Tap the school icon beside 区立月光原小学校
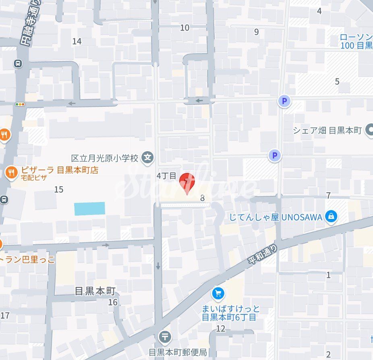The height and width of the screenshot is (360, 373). pyautogui.click(x=148, y=158)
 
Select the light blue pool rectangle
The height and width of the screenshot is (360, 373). pyautogui.click(x=89, y=208)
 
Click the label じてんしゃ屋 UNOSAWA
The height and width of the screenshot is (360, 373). pyautogui.click(x=276, y=217)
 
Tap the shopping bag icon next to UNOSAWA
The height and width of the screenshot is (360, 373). pyautogui.click(x=331, y=216)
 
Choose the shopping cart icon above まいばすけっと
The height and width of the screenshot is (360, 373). pyautogui.click(x=218, y=294)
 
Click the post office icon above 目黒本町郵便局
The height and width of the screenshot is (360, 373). pyautogui.click(x=165, y=336)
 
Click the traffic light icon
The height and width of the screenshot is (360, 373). pyautogui.click(x=20, y=104)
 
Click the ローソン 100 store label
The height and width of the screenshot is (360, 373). pyautogui.click(x=356, y=41)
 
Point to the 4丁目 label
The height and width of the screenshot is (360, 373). pyautogui.click(x=166, y=176)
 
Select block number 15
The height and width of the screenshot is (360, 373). pyautogui.click(x=59, y=189)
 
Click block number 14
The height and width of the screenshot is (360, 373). pyautogui.click(x=77, y=41)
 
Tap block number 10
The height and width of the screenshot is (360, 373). pyautogui.click(x=184, y=27)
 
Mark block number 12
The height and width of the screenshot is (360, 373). pyautogui.click(x=220, y=329)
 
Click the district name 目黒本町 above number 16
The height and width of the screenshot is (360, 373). pyautogui.click(x=95, y=291)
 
